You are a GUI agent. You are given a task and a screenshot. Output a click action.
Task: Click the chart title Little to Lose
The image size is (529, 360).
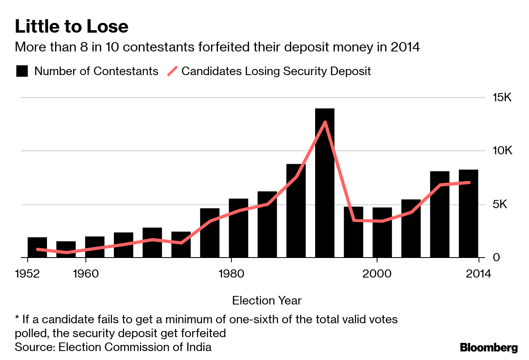pos(71,27)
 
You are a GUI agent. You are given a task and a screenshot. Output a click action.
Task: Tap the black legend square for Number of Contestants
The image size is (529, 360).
pos(22,71)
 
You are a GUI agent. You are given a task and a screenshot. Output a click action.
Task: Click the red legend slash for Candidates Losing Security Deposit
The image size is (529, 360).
pos(173,71)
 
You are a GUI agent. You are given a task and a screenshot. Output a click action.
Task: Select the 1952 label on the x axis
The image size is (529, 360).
pos(27,273)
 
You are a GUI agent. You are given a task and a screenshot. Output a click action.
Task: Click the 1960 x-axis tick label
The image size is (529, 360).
pos(85,273)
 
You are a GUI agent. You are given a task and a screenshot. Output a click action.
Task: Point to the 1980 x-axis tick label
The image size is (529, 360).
pos(231,273)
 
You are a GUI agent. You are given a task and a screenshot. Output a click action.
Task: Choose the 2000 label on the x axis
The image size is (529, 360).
pos(376,273)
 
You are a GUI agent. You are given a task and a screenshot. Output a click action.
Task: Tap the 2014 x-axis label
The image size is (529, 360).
pos(478,273)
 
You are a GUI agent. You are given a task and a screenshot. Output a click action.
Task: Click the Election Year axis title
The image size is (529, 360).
pos(267,301)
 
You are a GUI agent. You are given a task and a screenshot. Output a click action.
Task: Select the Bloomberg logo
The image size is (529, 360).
pos(489,348)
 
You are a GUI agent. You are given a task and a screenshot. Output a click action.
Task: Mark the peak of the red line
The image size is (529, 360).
pos(325,122)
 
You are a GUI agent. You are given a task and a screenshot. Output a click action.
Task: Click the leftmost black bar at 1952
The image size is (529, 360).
pos(37,247)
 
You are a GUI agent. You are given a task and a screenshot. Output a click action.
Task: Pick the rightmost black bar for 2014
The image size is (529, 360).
pos(468,213)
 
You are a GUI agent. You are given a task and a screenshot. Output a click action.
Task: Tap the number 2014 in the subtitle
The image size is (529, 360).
pos(405,47)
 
